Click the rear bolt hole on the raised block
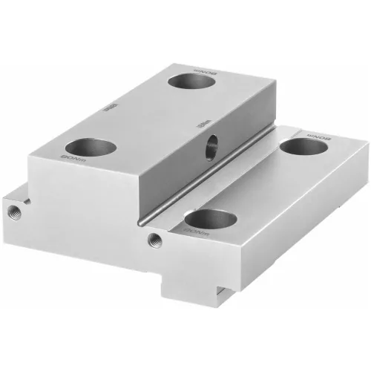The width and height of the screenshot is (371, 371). coord(191,80)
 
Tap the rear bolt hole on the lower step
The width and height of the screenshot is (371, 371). coord(303,147)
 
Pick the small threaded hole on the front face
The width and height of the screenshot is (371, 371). coord(155,239)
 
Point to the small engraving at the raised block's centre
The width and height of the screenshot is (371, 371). coord(111,107)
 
